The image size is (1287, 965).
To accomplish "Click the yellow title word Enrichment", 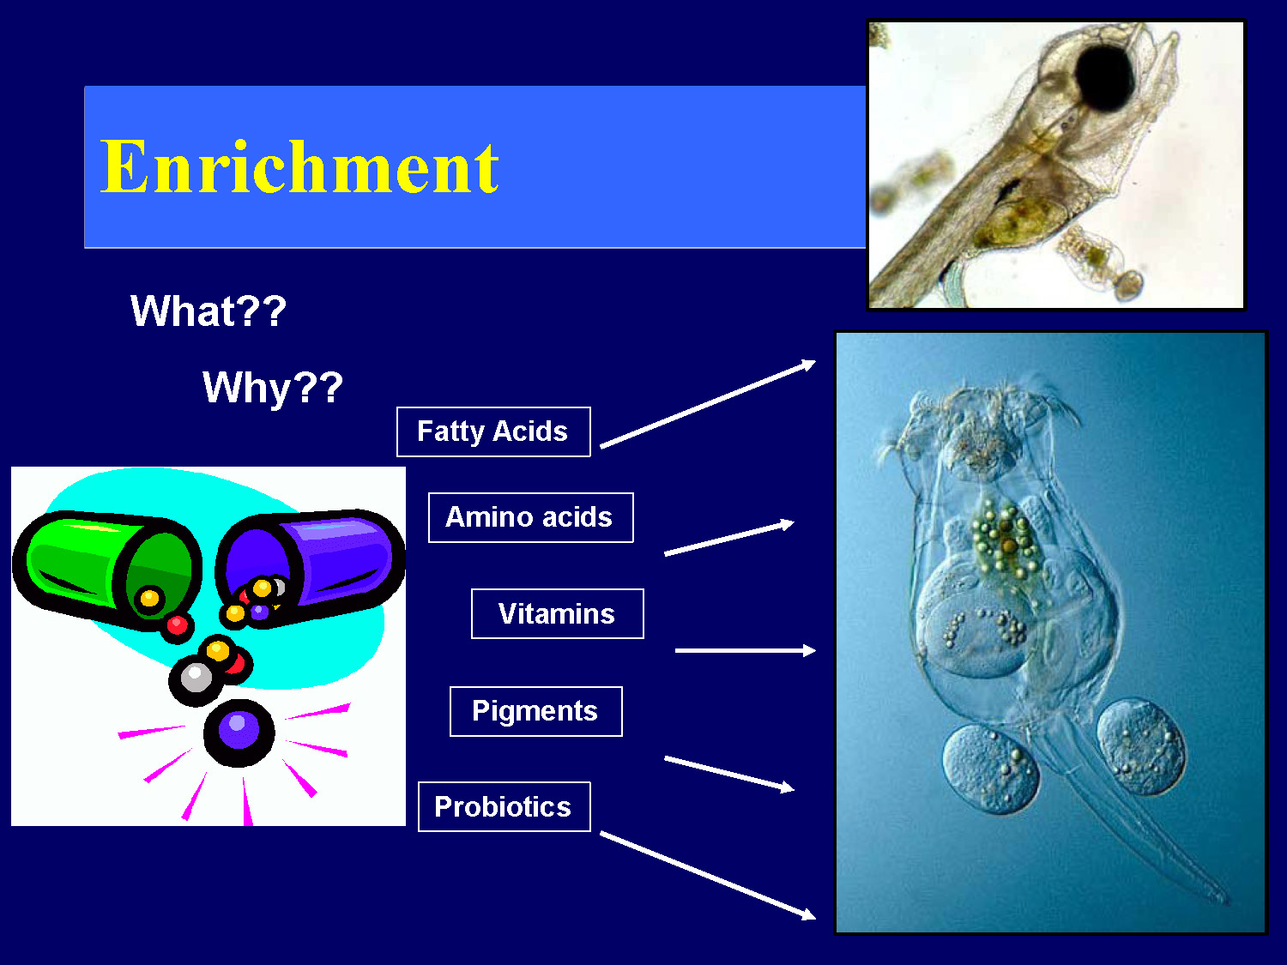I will [x=299, y=167].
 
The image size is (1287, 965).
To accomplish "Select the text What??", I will [x=208, y=311].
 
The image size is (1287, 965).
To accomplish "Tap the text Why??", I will [x=273, y=387].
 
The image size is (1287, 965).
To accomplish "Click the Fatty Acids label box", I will [x=493, y=431].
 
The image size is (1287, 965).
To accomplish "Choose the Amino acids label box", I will [x=530, y=517].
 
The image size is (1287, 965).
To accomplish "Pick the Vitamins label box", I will [x=557, y=613].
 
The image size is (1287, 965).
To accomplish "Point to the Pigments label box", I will [x=535, y=711].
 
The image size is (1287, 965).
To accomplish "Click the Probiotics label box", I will [x=504, y=806].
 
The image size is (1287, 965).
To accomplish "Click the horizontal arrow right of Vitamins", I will [x=745, y=651].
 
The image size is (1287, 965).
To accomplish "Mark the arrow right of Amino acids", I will [x=728, y=539].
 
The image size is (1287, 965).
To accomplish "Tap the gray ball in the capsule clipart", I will [x=196, y=678].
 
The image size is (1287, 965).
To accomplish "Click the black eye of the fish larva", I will [x=1105, y=77].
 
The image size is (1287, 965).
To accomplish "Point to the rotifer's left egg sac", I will [x=991, y=769].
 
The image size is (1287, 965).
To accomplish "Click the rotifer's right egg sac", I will [x=1141, y=746].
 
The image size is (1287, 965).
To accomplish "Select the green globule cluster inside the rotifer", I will [x=1002, y=540].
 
